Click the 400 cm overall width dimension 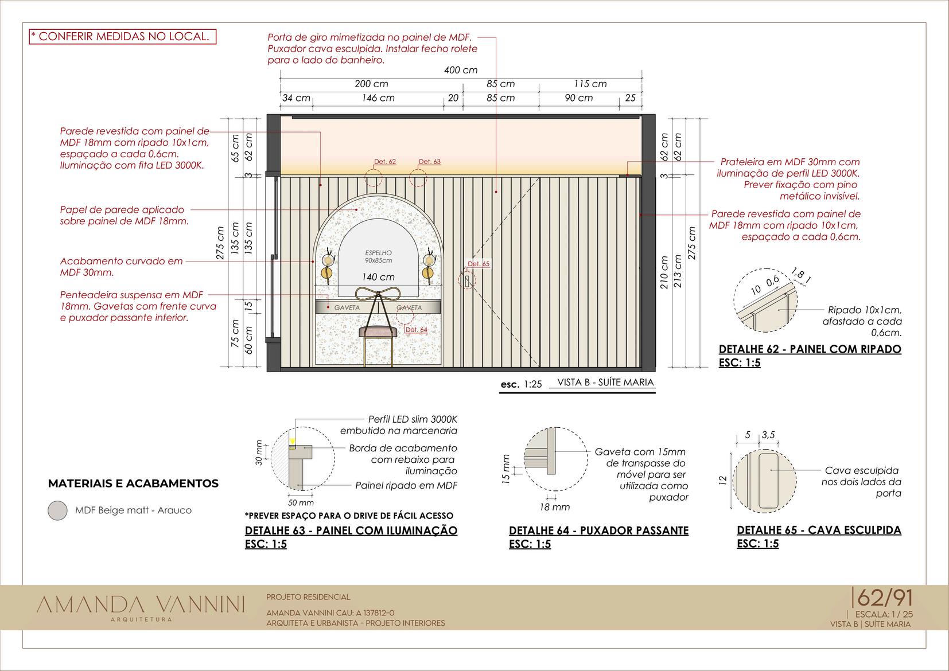click(x=461, y=70)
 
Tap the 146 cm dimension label click(x=378, y=98)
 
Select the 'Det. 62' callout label click(x=384, y=162)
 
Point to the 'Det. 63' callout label click(x=429, y=162)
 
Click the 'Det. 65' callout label click(x=479, y=264)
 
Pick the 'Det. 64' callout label click(x=417, y=330)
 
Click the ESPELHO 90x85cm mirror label click(x=378, y=256)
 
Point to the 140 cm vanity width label click(x=378, y=277)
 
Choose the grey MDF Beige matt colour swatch click(x=57, y=510)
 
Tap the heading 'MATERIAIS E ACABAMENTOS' click(x=133, y=483)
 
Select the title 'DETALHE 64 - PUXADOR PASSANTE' click(x=598, y=530)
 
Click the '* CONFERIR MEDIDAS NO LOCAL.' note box click(x=123, y=37)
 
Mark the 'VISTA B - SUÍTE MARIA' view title click(x=605, y=383)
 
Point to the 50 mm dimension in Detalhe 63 click(x=301, y=503)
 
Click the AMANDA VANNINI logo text click(x=141, y=604)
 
